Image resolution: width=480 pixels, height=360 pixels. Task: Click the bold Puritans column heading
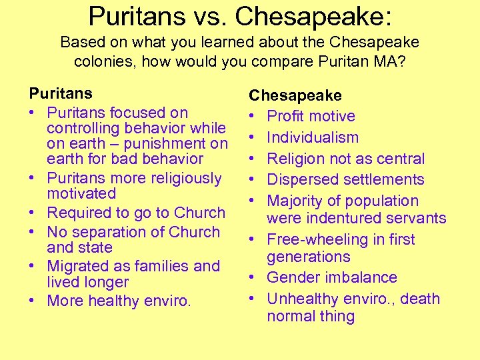pos(61,93)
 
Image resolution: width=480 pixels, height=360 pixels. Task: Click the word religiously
pos(181,178)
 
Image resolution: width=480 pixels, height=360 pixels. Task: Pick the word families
pos(162,266)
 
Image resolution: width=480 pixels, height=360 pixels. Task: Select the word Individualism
pos(313,137)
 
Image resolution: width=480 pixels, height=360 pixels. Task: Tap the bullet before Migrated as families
pos(33,266)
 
